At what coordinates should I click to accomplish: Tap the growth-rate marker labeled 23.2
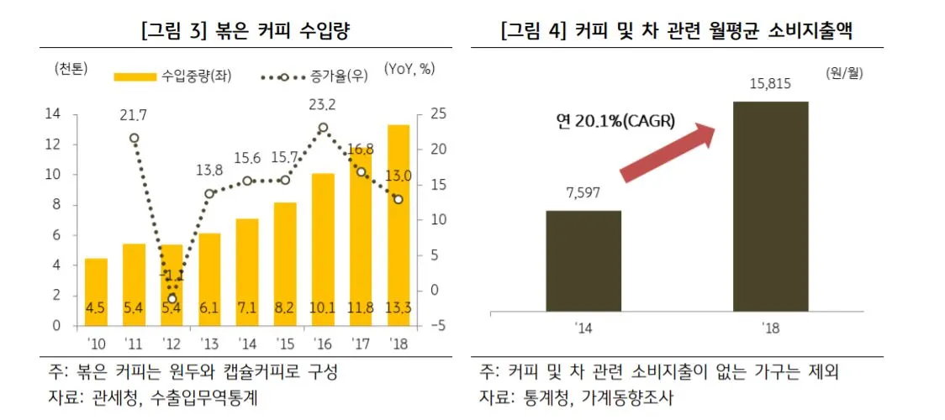pyautogui.click(x=323, y=128)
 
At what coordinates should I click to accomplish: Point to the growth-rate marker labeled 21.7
pyautogui.click(x=134, y=138)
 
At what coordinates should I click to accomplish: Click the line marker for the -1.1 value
pyautogui.click(x=172, y=298)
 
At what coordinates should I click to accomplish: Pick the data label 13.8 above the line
pyautogui.click(x=209, y=170)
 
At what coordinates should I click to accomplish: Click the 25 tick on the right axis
pyautogui.click(x=428, y=114)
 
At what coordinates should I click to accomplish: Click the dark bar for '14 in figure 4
pyautogui.click(x=583, y=261)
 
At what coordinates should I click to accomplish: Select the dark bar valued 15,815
pyautogui.click(x=771, y=207)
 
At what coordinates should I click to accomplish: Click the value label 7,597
pyautogui.click(x=583, y=195)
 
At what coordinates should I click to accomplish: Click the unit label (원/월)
pyautogui.click(x=844, y=73)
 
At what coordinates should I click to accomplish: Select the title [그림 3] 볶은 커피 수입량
pyautogui.click(x=245, y=32)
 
